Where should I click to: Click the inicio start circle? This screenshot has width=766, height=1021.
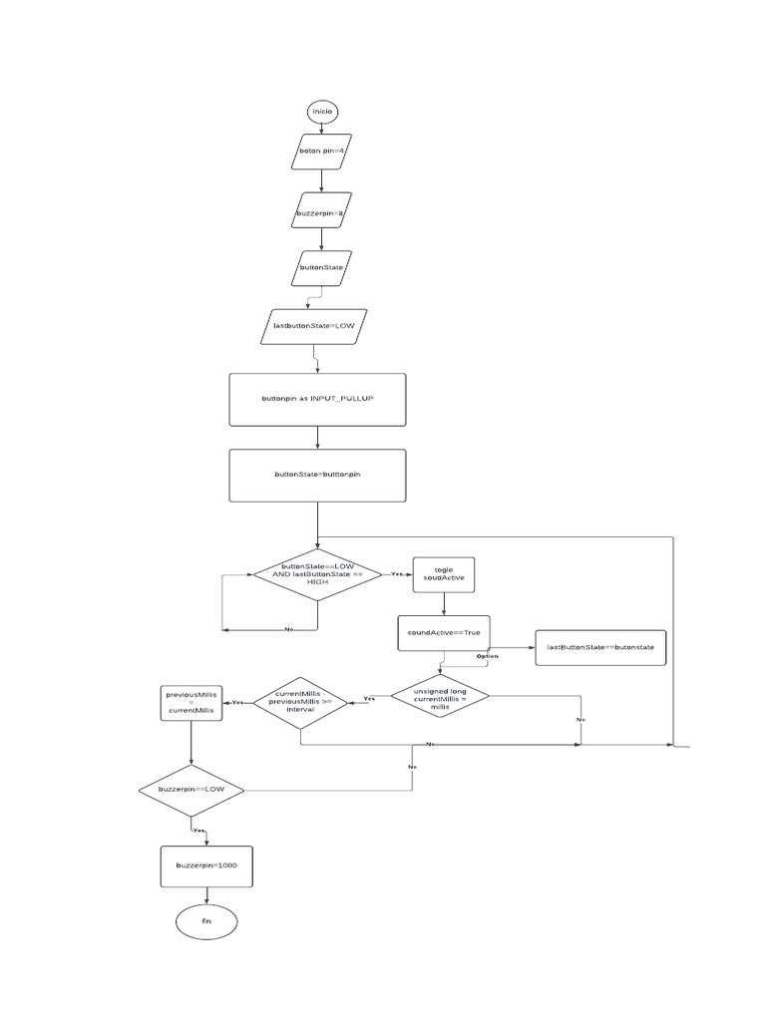tap(322, 111)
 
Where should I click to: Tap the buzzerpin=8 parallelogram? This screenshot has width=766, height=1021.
tap(321, 212)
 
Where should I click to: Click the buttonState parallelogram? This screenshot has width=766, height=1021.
tap(321, 268)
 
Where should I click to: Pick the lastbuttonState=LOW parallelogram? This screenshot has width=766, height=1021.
tap(314, 325)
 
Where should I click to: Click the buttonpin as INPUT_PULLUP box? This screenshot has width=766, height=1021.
tap(317, 398)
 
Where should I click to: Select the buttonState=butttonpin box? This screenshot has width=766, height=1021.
tap(317, 475)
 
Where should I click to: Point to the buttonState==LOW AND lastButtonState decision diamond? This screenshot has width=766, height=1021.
tap(317, 575)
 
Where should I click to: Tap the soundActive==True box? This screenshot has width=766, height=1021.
tap(444, 633)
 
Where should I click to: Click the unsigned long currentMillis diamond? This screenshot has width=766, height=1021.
tap(440, 698)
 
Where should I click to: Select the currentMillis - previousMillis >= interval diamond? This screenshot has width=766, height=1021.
tap(300, 702)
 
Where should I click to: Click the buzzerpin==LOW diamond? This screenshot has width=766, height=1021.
tap(191, 790)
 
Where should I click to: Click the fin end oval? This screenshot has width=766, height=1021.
tap(206, 922)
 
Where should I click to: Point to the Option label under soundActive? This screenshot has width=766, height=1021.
tap(487, 656)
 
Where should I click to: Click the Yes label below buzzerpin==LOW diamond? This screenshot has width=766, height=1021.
tap(198, 831)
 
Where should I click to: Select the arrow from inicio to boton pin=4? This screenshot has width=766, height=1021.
tap(322, 128)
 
